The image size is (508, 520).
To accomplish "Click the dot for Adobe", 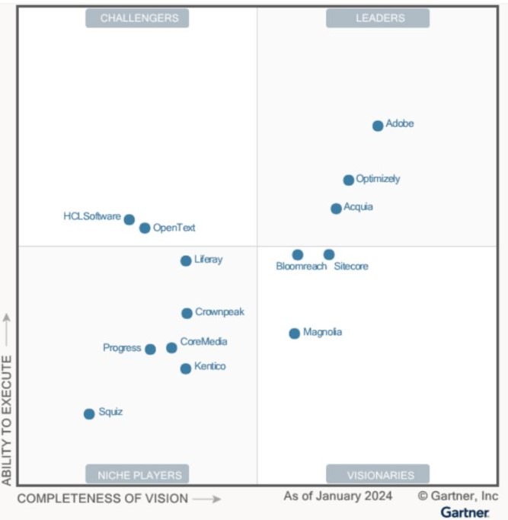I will pos(378,126).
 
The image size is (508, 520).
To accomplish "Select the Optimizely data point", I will pos(349,180).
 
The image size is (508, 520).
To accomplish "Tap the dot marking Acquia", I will pos(337,209).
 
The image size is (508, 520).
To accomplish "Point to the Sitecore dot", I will pos(329,255).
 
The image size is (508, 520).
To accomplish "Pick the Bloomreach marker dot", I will pos(298,255).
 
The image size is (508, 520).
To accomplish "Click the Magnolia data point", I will pos(295,333).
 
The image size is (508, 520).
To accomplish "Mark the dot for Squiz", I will pos(89,414).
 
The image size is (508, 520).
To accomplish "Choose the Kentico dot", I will pos(186,368).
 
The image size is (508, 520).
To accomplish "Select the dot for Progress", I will pos(150,349).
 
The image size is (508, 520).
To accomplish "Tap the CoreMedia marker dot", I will pos(171,348).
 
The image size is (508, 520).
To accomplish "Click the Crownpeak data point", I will pos(187,313).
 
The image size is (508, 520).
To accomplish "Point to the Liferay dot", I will pos(186,260).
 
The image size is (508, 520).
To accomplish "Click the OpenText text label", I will pos(174,228).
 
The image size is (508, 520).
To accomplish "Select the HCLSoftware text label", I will pos(92,216).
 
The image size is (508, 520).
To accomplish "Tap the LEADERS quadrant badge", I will pos(378,18).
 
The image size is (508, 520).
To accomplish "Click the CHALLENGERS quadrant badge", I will pos(137,18).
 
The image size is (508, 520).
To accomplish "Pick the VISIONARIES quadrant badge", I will pos(378,475).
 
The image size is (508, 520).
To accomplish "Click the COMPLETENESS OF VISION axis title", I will pos(102,499).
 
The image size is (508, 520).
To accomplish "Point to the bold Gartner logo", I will pos(465,512).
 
